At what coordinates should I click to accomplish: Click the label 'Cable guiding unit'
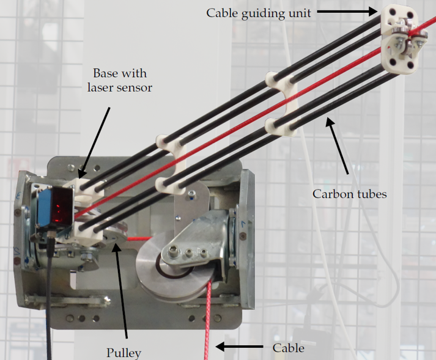258,13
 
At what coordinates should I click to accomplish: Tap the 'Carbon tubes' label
350,194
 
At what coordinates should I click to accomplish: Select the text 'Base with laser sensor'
120,80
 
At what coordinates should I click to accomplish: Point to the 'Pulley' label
124,353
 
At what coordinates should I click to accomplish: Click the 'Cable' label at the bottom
289,348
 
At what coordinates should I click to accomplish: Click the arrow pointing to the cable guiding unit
347,12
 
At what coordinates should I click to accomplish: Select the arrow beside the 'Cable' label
240,347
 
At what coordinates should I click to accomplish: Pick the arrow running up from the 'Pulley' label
120,290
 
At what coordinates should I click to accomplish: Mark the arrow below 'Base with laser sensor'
94,143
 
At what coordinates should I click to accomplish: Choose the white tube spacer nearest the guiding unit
281,105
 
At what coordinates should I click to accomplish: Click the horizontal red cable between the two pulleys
139,238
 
